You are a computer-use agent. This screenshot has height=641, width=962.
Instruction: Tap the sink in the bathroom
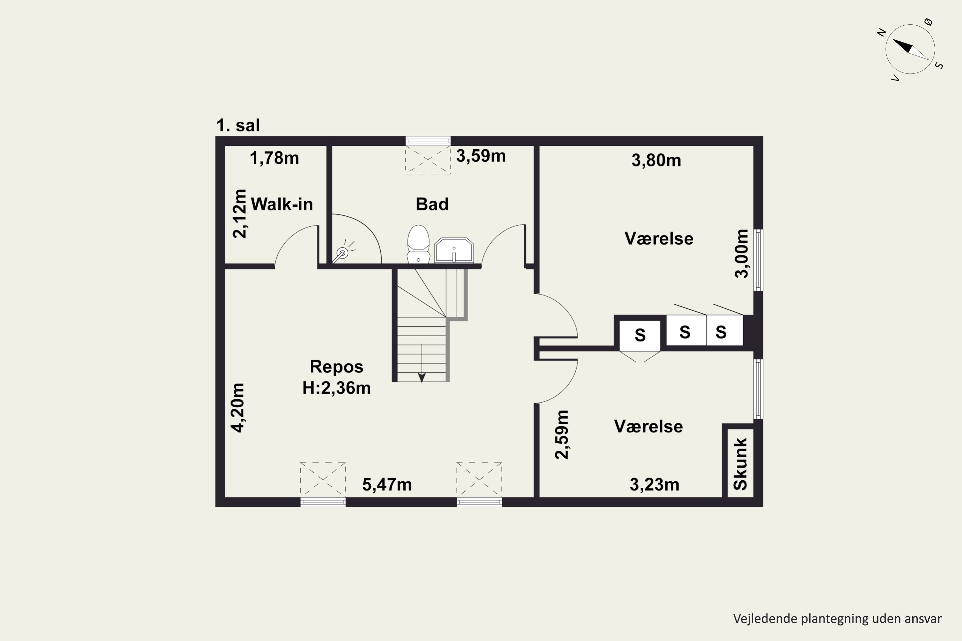coord(454,250)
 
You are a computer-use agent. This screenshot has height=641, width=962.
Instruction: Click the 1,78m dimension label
coord(274,158)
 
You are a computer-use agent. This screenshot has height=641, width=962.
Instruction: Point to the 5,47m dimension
coord(387,484)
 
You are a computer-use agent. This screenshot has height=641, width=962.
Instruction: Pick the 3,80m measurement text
coord(656,160)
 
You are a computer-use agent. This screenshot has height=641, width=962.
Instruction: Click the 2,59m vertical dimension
coord(561,435)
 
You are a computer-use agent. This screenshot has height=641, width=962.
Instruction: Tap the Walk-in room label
coord(282,204)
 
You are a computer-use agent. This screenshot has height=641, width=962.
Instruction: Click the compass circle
coord(910,49)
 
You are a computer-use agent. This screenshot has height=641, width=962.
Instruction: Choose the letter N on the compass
coord(882,32)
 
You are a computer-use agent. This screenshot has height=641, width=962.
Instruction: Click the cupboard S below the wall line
coord(640,336)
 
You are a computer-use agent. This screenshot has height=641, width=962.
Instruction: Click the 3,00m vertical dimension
coord(741,254)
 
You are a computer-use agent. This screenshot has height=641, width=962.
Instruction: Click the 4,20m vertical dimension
coord(237,408)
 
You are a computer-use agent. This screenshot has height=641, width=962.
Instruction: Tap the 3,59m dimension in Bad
coord(481,156)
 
